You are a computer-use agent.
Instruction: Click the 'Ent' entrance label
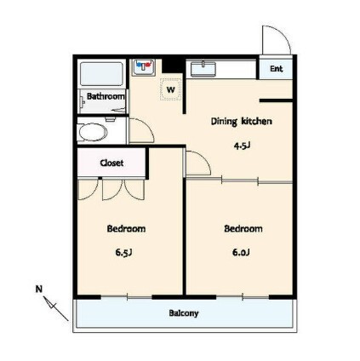click(x=276, y=68)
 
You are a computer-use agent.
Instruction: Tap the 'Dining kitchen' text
click(x=241, y=122)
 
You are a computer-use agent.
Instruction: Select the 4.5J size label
click(x=241, y=145)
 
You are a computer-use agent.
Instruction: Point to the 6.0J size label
click(x=243, y=252)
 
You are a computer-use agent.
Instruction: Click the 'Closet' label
click(x=111, y=162)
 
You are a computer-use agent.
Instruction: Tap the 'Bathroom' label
click(x=106, y=97)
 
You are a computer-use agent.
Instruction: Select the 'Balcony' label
click(x=183, y=312)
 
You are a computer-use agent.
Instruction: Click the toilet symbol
click(x=93, y=132)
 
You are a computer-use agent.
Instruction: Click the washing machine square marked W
click(x=170, y=89)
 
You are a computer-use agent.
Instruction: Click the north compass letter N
click(x=38, y=289)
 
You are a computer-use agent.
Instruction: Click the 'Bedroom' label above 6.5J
click(x=126, y=228)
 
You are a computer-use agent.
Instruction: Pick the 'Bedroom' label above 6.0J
click(x=243, y=228)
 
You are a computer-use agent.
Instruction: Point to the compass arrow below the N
click(x=57, y=308)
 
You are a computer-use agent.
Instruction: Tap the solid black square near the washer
click(x=174, y=65)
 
